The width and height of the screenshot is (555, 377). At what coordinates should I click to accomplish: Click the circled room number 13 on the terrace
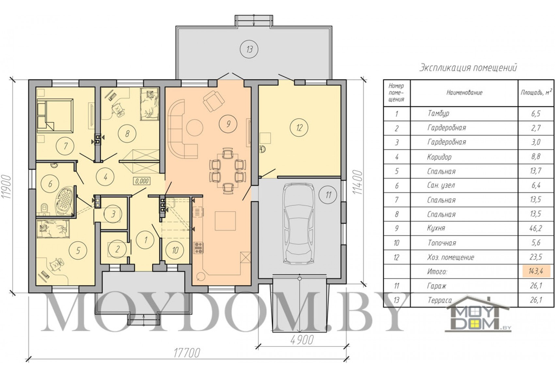[249, 49]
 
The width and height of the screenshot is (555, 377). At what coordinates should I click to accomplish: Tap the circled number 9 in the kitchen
[228, 124]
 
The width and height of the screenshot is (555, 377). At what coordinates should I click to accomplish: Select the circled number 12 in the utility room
[299, 128]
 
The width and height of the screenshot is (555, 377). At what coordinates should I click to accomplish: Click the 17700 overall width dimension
[186, 353]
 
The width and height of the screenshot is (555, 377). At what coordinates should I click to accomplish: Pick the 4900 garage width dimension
[302, 340]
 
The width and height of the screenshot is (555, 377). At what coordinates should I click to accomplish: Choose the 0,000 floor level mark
[142, 181]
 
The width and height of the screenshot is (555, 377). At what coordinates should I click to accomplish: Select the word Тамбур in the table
[438, 113]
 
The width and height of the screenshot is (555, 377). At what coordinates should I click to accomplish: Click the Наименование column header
[464, 93]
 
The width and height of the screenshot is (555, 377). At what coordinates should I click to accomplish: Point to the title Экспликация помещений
[468, 68]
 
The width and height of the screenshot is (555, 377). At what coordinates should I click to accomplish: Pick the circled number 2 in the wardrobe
[118, 249]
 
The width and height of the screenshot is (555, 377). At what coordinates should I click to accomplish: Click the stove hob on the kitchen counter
[198, 248]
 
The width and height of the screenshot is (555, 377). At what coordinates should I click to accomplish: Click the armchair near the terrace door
[214, 101]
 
